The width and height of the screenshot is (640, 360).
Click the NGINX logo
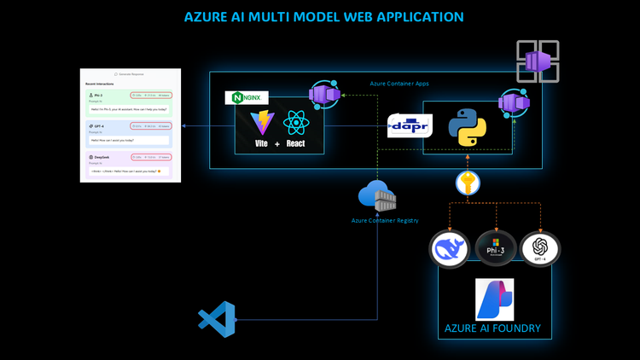click(x=246, y=98)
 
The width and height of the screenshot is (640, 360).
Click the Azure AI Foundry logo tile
click(x=495, y=299)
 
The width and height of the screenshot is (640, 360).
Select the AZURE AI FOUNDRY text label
click(x=492, y=328)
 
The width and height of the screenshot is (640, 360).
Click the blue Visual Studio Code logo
click(x=216, y=320)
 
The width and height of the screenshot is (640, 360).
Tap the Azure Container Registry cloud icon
click(x=375, y=197)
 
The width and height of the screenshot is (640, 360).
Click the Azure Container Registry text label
click(x=385, y=220)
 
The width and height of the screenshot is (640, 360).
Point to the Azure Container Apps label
click(x=400, y=84)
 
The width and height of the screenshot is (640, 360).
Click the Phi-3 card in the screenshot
click(x=130, y=102)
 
